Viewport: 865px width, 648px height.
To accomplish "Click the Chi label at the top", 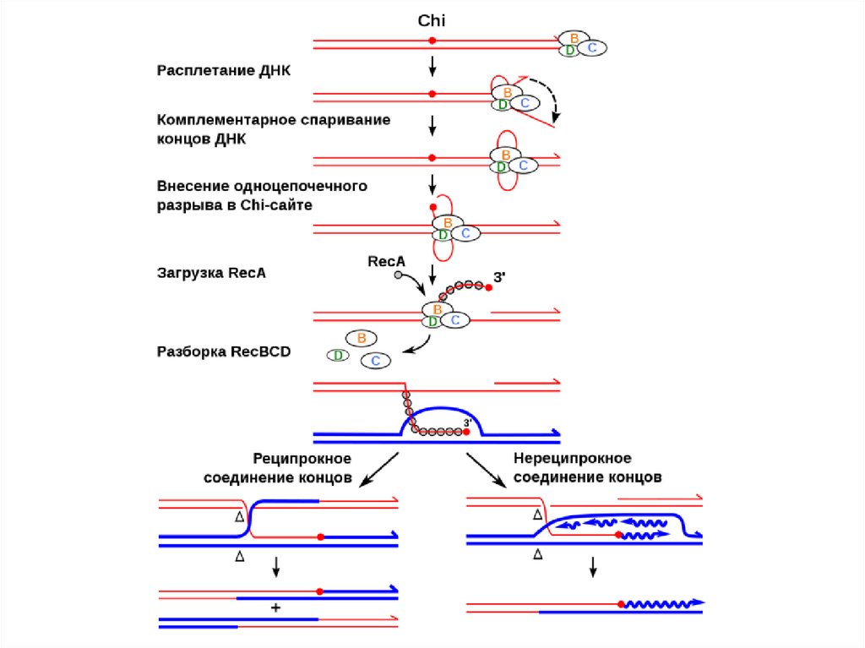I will point(432,20).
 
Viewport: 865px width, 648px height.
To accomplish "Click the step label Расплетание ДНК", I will point(224,70).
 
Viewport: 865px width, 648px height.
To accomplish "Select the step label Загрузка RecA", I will point(211,273).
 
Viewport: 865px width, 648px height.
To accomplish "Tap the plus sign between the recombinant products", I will point(275,607).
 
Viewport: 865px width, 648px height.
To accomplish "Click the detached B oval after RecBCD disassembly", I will point(362,338).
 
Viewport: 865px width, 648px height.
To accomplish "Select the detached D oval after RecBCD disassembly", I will point(338,355).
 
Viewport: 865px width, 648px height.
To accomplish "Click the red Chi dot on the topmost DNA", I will point(432,41).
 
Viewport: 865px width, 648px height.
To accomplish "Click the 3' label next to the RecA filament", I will point(498,276).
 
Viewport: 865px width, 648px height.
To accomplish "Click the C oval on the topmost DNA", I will point(591,48).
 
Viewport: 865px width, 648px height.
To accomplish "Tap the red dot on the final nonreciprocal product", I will point(621,604).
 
